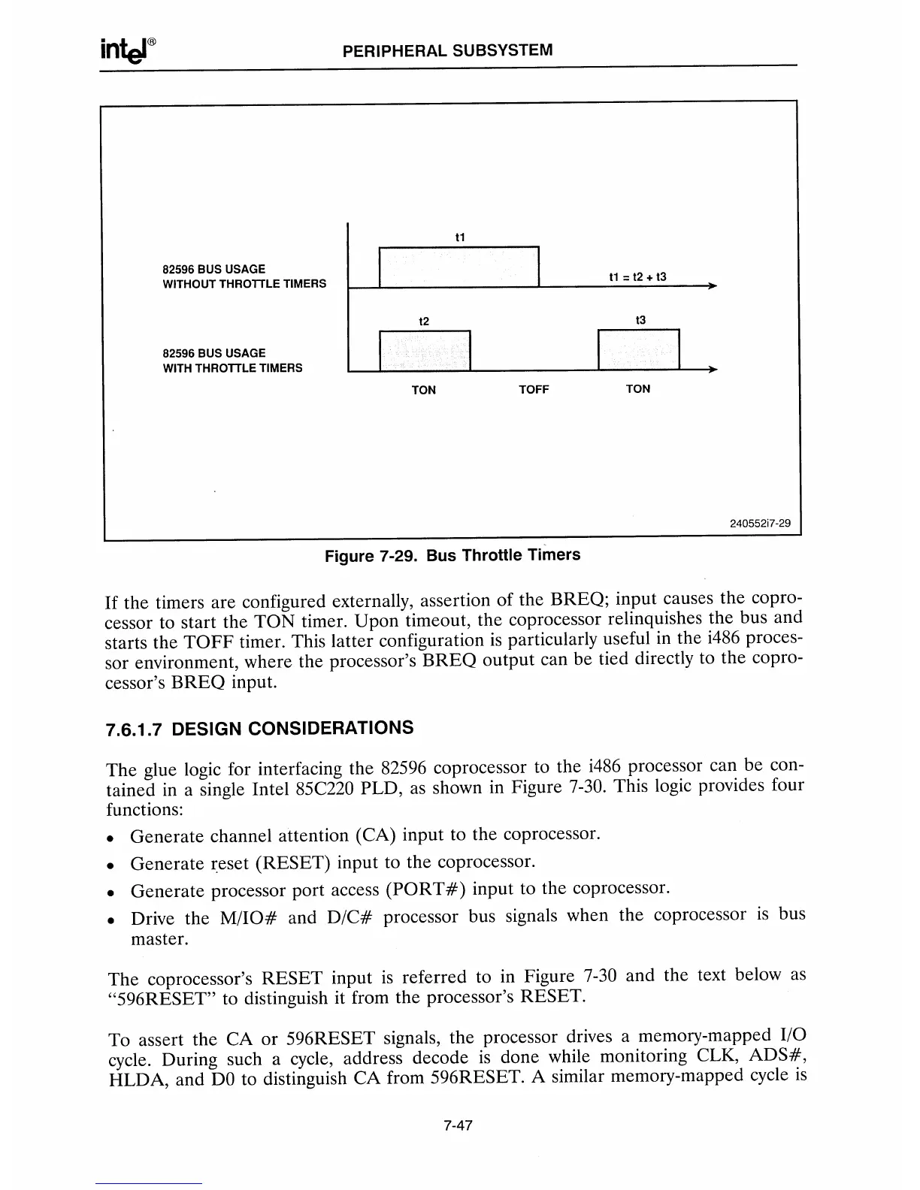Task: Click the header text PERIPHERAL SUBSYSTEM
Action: (x=447, y=50)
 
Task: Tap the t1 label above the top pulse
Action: (x=461, y=237)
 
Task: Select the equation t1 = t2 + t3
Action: (x=637, y=277)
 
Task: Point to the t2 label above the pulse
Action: (x=424, y=322)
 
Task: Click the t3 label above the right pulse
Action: (x=640, y=320)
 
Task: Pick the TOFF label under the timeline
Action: (x=534, y=389)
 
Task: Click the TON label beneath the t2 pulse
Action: (x=424, y=390)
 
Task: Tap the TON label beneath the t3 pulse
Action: (x=638, y=388)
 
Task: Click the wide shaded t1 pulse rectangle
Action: (x=460, y=267)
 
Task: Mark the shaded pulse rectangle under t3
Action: (x=638, y=350)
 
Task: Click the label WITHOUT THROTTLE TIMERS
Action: (x=244, y=284)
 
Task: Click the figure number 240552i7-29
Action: (x=760, y=524)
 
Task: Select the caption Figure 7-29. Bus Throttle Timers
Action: (x=452, y=556)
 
